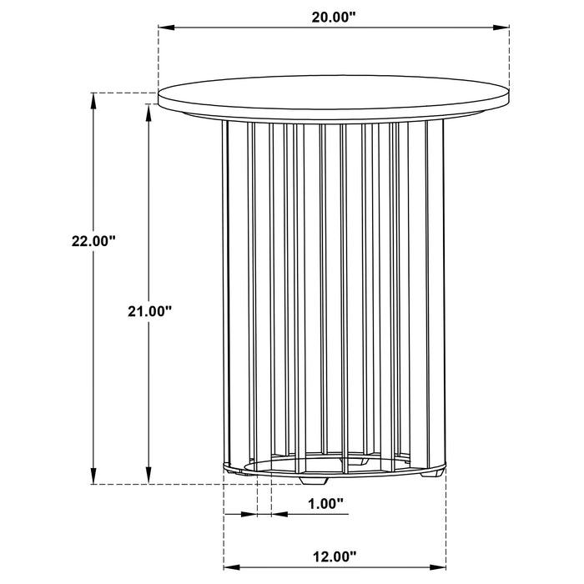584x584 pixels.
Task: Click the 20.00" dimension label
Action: pyautogui.click(x=334, y=15)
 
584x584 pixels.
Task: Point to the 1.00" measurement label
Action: pyautogui.click(x=326, y=503)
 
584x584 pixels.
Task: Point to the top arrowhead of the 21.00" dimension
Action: pyautogui.click(x=149, y=112)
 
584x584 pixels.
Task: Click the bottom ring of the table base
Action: pyautogui.click(x=334, y=470)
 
